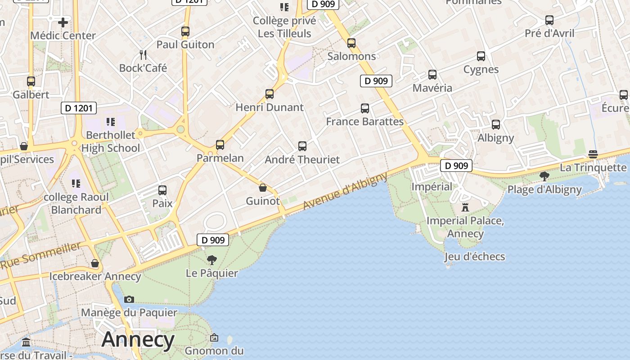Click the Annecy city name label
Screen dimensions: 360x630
tap(138, 340)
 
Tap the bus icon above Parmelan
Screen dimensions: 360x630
tap(220, 145)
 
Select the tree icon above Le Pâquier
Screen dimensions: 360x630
tap(211, 260)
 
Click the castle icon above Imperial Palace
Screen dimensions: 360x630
tap(465, 207)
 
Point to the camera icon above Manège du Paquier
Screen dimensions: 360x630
tap(129, 299)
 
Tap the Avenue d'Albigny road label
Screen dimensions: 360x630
tap(345, 191)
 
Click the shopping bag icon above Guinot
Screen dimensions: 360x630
tap(263, 188)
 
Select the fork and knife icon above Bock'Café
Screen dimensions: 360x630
tap(143, 55)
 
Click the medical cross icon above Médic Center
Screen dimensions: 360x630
tap(63, 22)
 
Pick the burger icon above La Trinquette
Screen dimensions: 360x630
tap(593, 154)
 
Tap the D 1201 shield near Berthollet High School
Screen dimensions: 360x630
tap(79, 108)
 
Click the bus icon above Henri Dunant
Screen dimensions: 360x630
tap(270, 94)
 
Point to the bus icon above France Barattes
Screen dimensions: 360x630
tap(365, 108)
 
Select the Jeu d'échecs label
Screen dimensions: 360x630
tap(475, 257)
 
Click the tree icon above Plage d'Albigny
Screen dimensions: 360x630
tap(544, 176)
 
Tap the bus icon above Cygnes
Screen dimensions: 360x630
tap(481, 56)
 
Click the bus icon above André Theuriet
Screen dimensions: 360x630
tap(302, 146)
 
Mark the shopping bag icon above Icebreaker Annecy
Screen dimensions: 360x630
tap(95, 263)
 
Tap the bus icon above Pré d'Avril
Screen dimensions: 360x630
tap(549, 20)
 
